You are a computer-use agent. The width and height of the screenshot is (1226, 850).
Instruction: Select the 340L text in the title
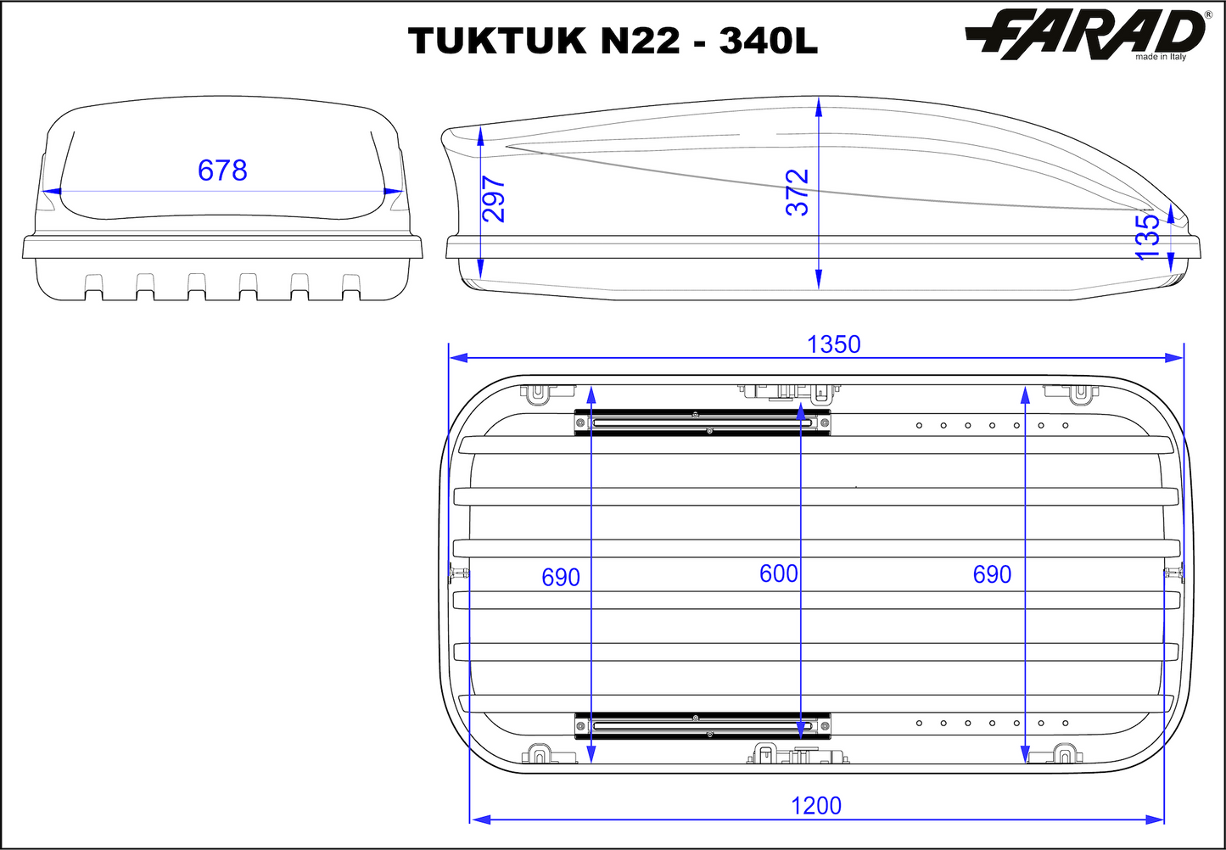769,41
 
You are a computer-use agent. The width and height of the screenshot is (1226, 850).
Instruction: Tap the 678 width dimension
222,171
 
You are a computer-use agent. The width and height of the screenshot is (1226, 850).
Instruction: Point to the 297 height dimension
494,199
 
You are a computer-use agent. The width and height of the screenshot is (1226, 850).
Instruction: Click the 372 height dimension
798,193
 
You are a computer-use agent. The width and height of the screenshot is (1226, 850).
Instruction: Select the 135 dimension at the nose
1147,237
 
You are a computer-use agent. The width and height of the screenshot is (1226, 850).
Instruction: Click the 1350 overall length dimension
834,344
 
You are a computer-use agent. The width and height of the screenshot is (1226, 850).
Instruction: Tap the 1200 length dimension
816,805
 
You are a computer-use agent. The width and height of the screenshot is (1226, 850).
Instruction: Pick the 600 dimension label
778,574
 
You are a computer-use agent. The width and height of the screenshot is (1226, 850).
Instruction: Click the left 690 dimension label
561,578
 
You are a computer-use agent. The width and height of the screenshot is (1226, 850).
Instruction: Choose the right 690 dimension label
992,575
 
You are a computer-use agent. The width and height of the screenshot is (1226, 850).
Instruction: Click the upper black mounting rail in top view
703,422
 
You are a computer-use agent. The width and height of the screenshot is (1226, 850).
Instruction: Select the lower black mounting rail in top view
703,725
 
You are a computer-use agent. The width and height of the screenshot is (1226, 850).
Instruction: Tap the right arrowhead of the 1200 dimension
1154,819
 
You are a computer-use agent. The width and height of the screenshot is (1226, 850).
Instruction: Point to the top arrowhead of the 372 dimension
818,106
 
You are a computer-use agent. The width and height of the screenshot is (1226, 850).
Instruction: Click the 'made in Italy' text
1161,57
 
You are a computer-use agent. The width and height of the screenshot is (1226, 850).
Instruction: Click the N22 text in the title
640,41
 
